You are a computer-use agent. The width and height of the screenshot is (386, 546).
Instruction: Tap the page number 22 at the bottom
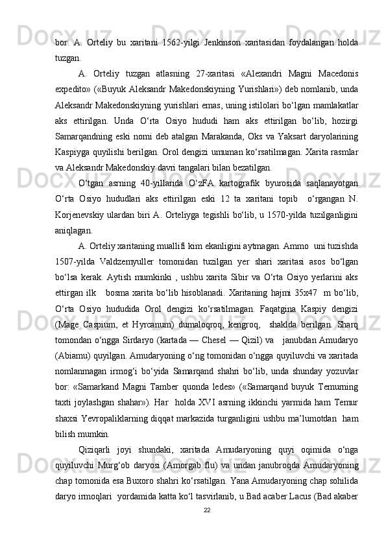pyautogui.click(x=206, y=528)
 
